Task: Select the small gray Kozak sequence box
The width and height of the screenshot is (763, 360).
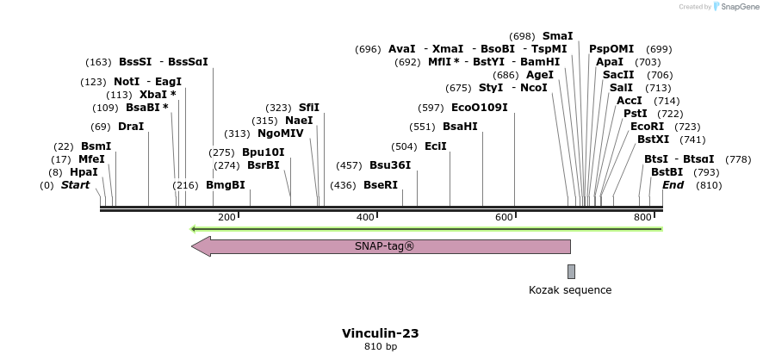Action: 571,271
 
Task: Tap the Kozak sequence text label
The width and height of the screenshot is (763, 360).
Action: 570,290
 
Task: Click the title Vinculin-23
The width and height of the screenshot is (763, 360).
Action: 381,332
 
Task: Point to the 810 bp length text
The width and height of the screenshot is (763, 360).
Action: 381,347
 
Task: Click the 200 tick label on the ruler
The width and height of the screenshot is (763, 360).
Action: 226,217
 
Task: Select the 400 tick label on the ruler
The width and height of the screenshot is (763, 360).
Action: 365,217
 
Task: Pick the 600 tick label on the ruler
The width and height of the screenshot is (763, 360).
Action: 505,217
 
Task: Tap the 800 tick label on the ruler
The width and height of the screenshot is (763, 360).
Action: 642,217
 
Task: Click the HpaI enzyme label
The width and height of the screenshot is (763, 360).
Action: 84,172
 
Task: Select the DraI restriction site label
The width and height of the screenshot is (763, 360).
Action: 131,127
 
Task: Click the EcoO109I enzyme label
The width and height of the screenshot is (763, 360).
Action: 480,108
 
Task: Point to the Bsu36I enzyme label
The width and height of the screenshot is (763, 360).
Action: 390,165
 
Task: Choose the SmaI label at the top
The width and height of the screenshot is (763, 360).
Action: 557,36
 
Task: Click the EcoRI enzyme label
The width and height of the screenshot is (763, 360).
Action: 647,127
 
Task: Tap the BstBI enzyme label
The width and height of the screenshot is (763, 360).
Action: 667,172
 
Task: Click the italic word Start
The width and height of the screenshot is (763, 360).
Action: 75,185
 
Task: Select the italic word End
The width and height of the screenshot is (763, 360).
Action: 673,185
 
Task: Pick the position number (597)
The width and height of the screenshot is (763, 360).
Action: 431,108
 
